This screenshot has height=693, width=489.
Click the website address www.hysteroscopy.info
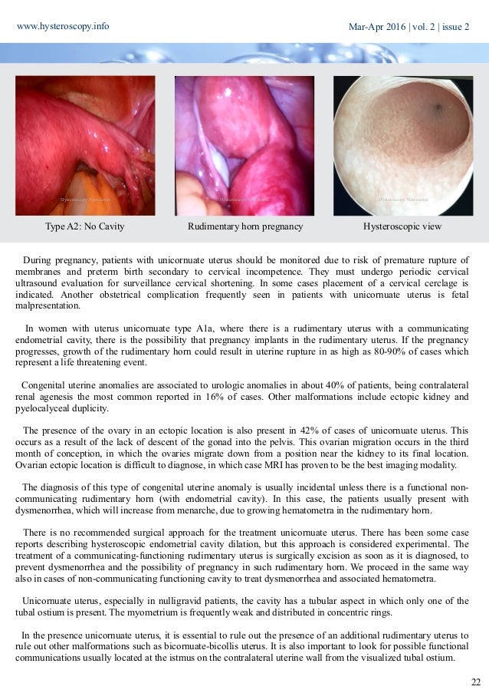(x=63, y=25)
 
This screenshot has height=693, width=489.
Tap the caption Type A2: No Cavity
(x=86, y=227)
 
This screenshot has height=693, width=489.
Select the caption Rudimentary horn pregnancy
(x=244, y=227)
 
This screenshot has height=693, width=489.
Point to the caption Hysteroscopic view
(x=402, y=227)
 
